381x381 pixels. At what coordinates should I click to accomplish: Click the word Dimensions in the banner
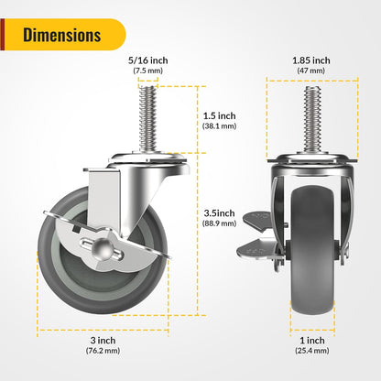(62, 36)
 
